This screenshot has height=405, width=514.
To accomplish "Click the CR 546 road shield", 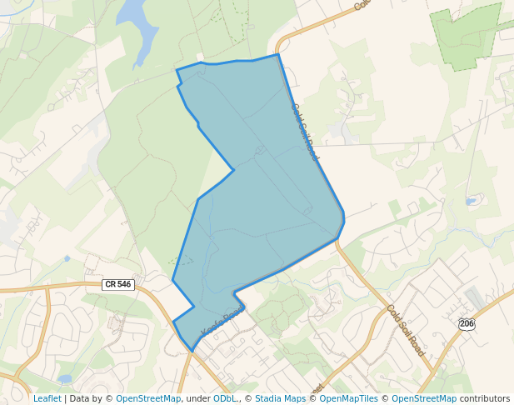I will point(117,284).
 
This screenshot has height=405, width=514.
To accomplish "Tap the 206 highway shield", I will point(467,323).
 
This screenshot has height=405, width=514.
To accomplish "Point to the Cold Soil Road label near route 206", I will point(406,331).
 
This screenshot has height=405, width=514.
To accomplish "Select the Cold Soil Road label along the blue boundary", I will point(305,132).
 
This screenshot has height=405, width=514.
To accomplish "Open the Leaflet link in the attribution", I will point(47,399).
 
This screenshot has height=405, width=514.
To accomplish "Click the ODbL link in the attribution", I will point(225,399).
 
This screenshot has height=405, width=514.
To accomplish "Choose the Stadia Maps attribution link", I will point(280,399).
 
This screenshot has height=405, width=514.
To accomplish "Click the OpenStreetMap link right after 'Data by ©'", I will point(148,399).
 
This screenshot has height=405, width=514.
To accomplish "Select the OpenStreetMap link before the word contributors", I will point(424,399).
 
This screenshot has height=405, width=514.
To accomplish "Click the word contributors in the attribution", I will point(485,399).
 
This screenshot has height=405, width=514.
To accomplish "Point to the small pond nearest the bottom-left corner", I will point(65,378).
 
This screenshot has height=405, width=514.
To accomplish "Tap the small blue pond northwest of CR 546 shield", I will point(67,258).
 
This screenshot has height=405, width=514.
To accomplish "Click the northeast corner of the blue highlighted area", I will point(277,55).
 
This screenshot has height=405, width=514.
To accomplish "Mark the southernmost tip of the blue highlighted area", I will point(192,351).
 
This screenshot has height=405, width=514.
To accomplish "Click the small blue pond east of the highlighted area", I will point(472,201).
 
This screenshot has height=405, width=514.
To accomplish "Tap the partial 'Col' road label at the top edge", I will point(361,5).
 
